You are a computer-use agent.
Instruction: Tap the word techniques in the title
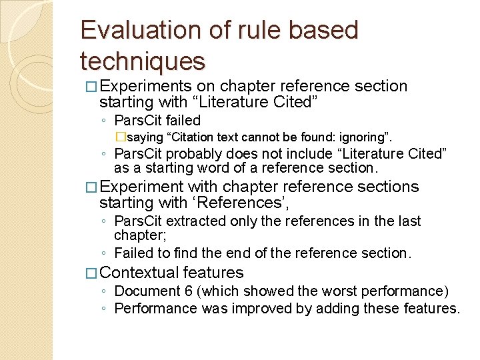tap(142, 61)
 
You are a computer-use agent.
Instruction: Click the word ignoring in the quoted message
tap(367, 138)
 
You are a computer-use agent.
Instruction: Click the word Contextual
tap(139, 273)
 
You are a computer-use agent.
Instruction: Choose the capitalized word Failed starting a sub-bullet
tap(133, 253)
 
